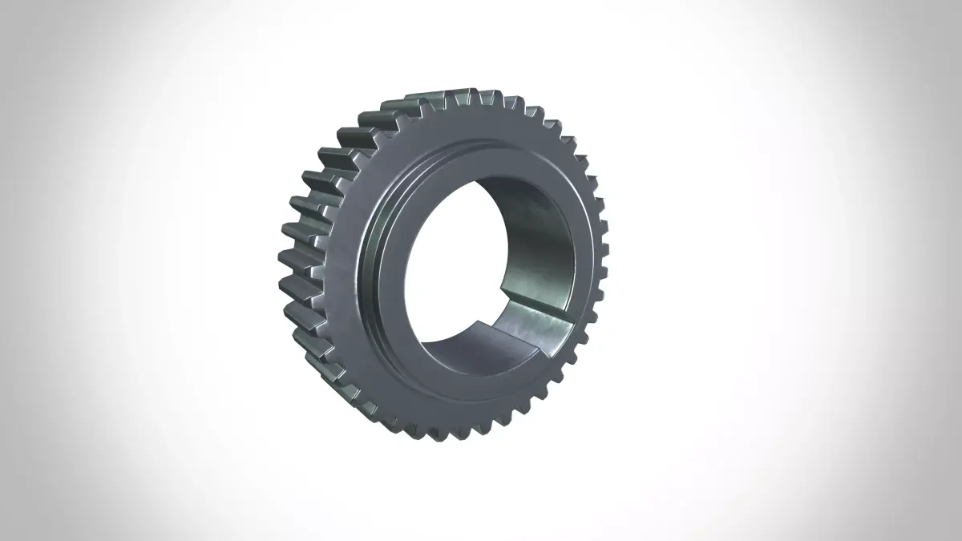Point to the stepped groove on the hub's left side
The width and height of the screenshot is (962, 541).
[373, 256]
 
